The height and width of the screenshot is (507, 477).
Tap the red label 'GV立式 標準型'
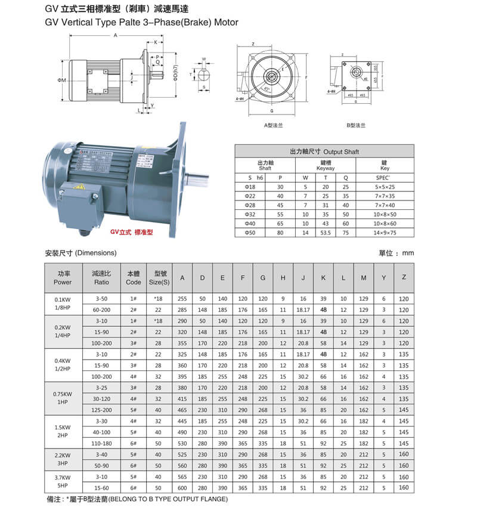(131, 232)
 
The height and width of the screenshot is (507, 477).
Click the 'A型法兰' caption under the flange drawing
(272, 125)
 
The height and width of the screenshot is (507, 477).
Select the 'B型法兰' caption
(355, 125)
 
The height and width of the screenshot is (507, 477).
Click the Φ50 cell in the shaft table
(250, 233)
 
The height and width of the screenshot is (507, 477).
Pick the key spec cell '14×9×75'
(385, 233)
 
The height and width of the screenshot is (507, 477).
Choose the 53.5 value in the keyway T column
(326, 233)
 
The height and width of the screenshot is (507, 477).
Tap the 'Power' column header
(63, 278)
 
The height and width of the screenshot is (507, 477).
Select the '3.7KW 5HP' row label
(63, 482)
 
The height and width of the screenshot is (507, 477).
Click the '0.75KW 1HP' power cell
(63, 398)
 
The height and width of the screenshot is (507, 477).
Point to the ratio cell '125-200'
(101, 410)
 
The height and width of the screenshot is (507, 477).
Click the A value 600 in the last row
(182, 488)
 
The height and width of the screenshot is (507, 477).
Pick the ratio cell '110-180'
(101, 444)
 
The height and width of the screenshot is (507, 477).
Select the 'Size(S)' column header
(159, 278)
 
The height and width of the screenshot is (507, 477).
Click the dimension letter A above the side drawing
(116, 36)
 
